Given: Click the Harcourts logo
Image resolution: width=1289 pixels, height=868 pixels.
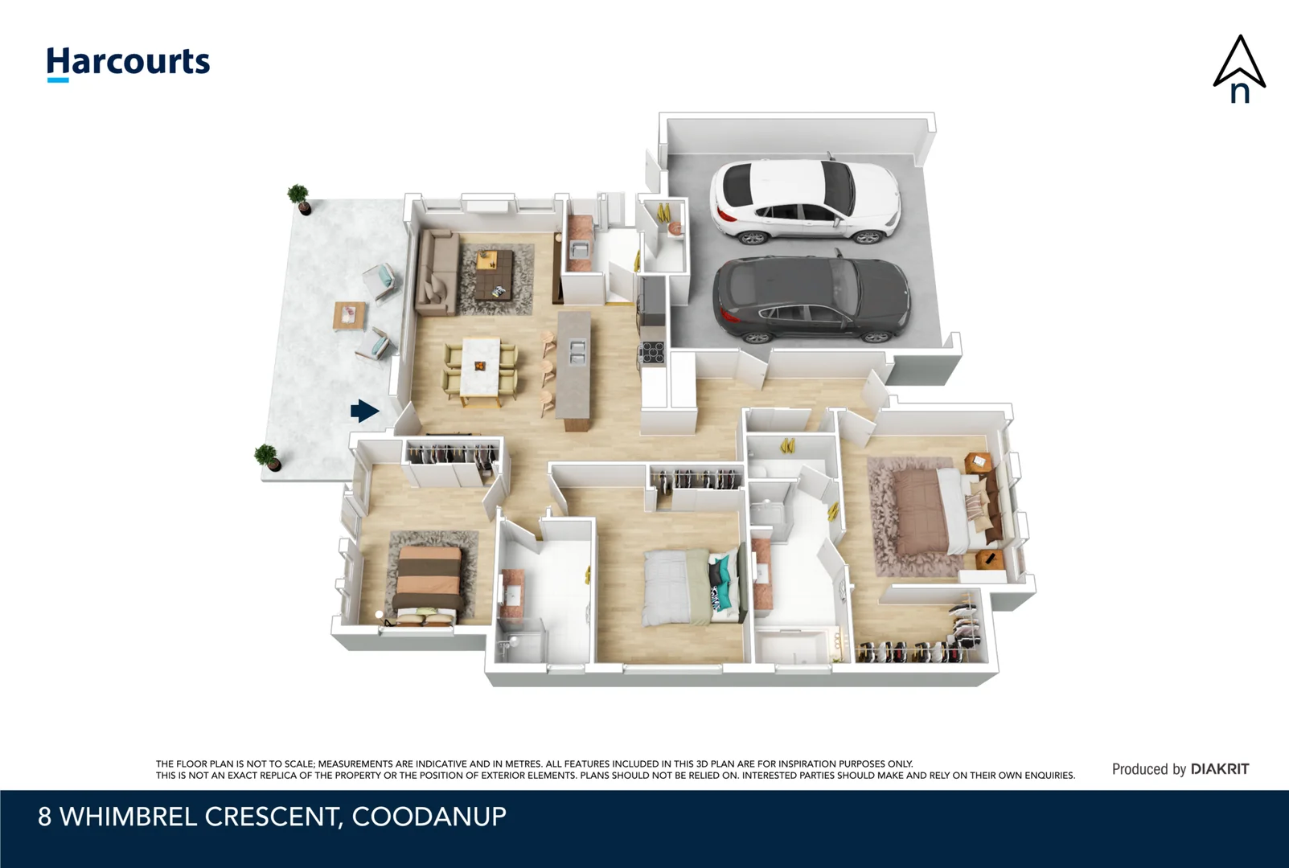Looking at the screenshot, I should (128, 63).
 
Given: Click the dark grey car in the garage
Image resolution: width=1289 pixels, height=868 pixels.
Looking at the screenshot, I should (811, 299).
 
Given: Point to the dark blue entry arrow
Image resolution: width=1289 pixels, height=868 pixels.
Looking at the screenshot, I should (364, 411).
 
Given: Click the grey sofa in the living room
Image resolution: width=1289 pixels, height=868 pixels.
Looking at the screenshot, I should (435, 272).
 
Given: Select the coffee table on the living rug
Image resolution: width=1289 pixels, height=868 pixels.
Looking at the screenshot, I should (494, 274).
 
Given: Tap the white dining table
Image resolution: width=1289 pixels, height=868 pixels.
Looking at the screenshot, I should (481, 366).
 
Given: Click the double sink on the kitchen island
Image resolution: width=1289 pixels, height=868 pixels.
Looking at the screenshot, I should (577, 351).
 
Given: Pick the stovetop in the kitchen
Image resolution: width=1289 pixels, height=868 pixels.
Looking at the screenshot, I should (652, 352).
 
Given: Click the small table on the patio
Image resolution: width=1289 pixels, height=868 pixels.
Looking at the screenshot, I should (349, 315).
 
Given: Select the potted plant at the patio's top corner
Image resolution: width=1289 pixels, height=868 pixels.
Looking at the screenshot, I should (299, 198).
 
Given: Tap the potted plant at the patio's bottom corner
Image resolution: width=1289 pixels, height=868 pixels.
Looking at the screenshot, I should (267, 457).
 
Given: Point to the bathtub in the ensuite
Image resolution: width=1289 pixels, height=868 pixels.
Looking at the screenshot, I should (796, 648).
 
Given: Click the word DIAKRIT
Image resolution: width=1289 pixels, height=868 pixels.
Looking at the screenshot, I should (1219, 769).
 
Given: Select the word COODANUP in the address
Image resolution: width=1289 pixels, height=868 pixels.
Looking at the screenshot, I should (429, 817).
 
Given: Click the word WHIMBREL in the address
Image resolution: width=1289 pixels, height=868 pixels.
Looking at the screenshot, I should (128, 817).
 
